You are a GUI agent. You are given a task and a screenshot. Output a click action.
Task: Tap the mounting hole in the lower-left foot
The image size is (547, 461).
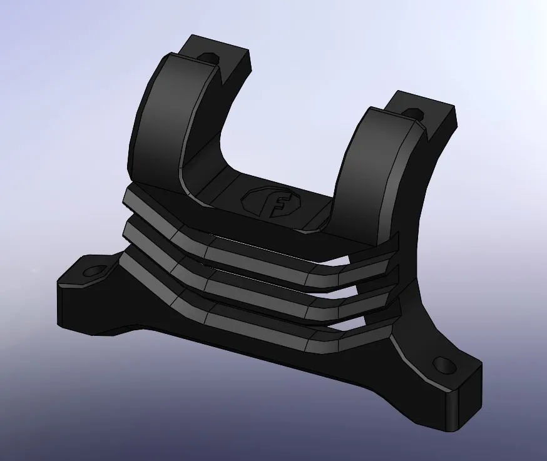click(95, 271)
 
